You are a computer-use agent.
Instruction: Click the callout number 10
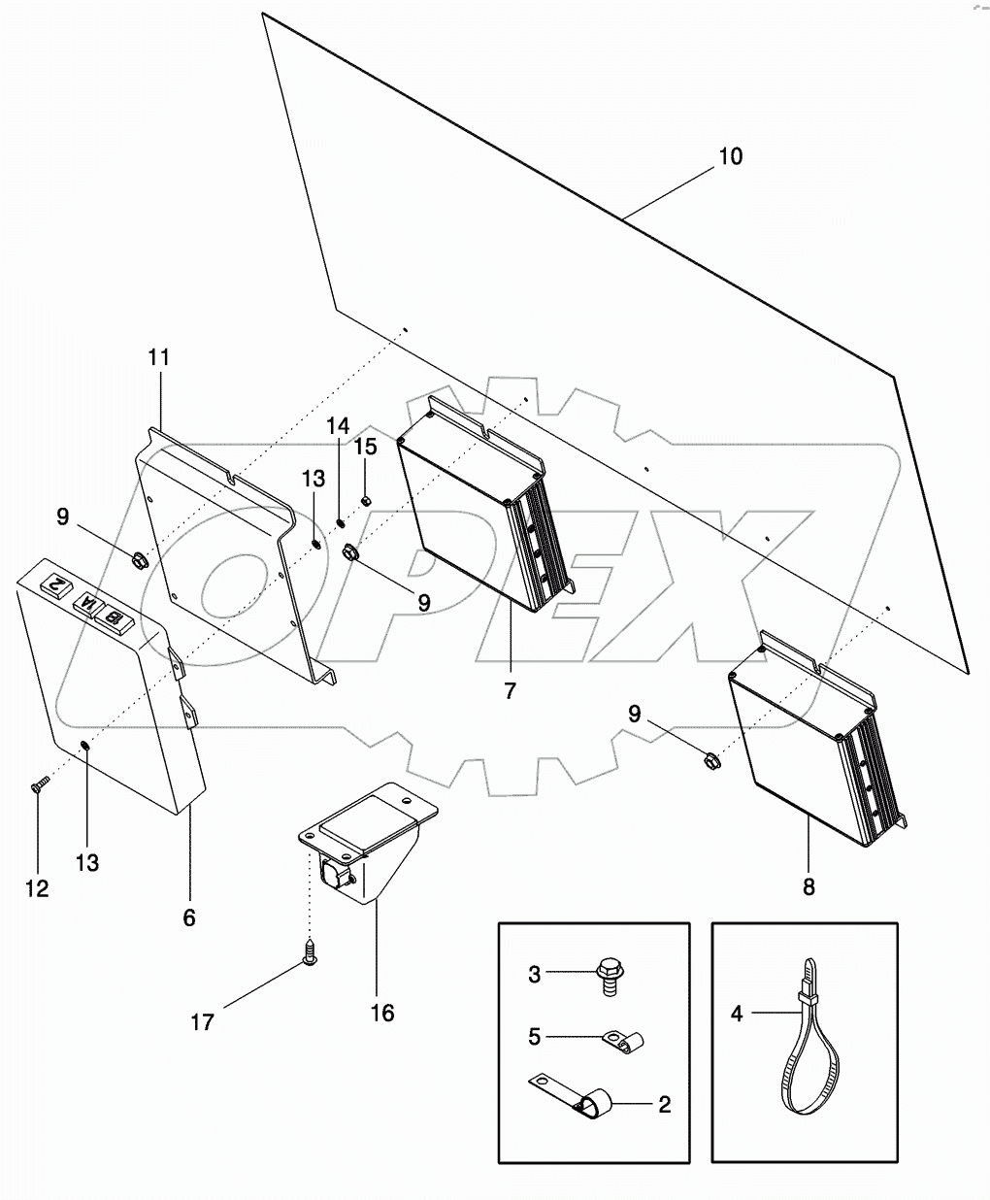pyautogui.click(x=730, y=156)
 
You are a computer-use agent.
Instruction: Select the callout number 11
pyautogui.click(x=158, y=357)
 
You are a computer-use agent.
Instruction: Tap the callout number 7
pyautogui.click(x=510, y=691)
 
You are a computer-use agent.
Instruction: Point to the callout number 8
pyautogui.click(x=808, y=885)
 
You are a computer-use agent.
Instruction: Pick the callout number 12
pyautogui.click(x=37, y=888)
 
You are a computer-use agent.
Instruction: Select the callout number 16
pyautogui.click(x=382, y=1013)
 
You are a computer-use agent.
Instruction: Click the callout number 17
pyautogui.click(x=202, y=1022)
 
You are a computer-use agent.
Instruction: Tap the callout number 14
pyautogui.click(x=336, y=425)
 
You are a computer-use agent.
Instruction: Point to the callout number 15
pyautogui.click(x=365, y=447)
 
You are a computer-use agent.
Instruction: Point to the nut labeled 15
pyautogui.click(x=366, y=500)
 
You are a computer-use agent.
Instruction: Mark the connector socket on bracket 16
pyautogui.click(x=331, y=873)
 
